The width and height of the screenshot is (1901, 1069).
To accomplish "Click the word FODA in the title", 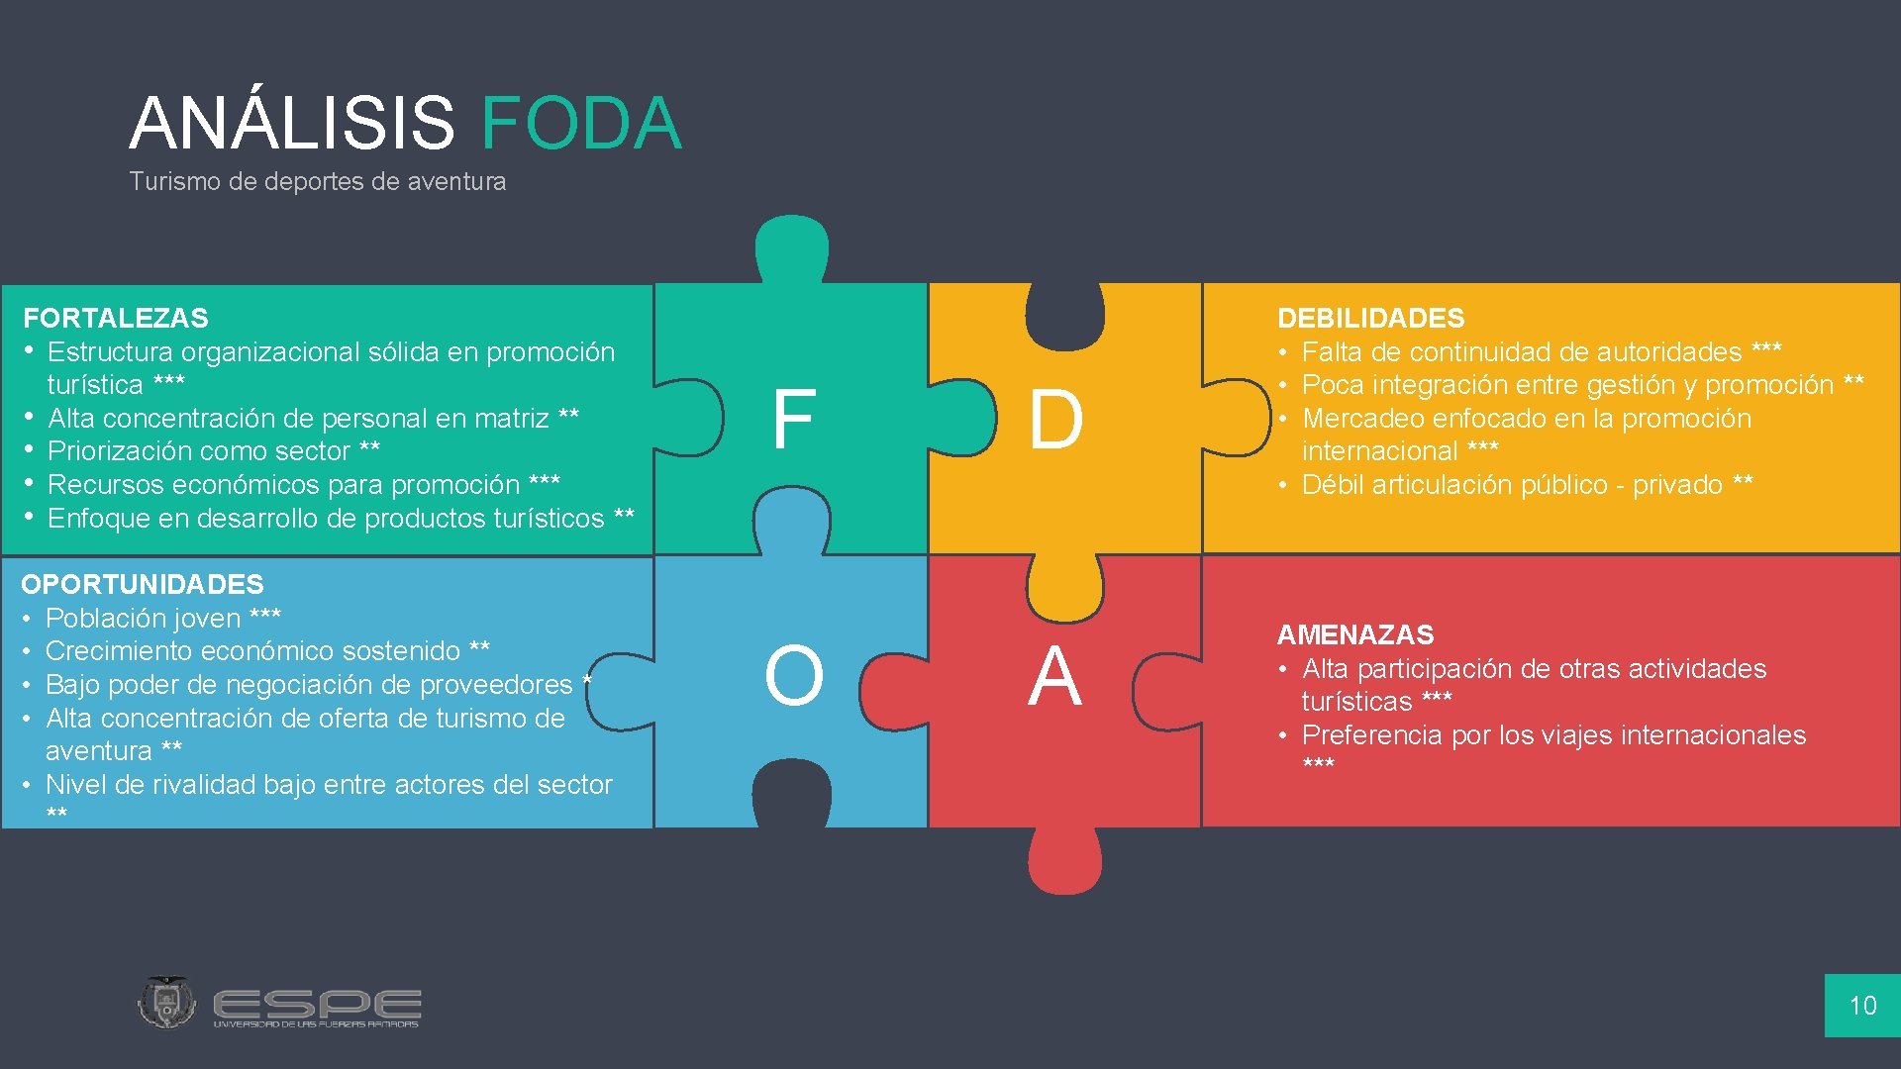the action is [x=581, y=124].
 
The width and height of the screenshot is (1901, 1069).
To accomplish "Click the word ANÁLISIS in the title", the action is [x=292, y=124].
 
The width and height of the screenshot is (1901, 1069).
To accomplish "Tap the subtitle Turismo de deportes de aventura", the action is [x=317, y=181].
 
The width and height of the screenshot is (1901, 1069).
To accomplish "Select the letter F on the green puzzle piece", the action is [x=793, y=420].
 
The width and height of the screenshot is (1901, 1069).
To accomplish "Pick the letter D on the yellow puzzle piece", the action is [x=1055, y=420].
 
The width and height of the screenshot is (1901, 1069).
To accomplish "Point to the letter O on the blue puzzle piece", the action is [x=793, y=676].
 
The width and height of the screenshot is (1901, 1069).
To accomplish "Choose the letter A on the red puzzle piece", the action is [x=1054, y=676].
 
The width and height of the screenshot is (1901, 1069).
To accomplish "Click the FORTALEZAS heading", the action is [x=116, y=318].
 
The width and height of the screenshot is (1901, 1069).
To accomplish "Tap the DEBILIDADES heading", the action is [x=1370, y=318].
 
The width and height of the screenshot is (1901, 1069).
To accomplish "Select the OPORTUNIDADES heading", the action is [x=143, y=584].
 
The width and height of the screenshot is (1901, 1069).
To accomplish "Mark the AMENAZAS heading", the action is [x=1355, y=634].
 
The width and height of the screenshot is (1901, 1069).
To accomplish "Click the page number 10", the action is [x=1862, y=1006].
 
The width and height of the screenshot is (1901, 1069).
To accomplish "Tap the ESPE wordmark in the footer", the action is [x=317, y=1006].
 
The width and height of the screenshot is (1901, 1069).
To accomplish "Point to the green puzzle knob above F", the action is [x=791, y=247].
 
